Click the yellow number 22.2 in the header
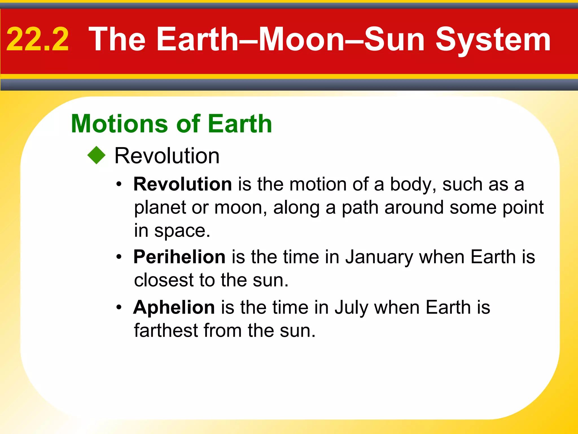38,40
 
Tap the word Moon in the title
301,40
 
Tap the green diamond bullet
97,155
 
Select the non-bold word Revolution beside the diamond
167,156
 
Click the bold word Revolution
183,184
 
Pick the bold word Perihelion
179,257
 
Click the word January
379,257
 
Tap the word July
351,308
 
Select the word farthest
166,330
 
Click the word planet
160,208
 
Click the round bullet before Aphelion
119,307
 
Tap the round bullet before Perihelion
119,257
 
